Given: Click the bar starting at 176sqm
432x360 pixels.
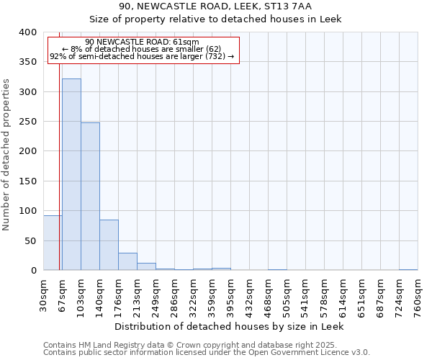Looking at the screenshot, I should click(x=127, y=261).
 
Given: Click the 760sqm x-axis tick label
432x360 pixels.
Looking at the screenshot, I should click(x=418, y=296).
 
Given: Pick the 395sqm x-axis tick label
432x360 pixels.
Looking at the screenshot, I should click(x=230, y=296).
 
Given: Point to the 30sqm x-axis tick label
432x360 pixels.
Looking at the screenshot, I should click(x=43, y=294).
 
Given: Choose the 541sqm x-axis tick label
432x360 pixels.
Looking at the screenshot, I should click(x=305, y=296).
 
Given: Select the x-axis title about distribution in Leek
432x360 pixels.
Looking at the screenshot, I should click(x=230, y=326).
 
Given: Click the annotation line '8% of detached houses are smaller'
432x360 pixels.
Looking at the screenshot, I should click(x=142, y=49).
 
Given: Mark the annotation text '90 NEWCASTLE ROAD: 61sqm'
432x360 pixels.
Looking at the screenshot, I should click(x=142, y=42).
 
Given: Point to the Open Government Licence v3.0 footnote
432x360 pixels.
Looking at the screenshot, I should click(x=206, y=353).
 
